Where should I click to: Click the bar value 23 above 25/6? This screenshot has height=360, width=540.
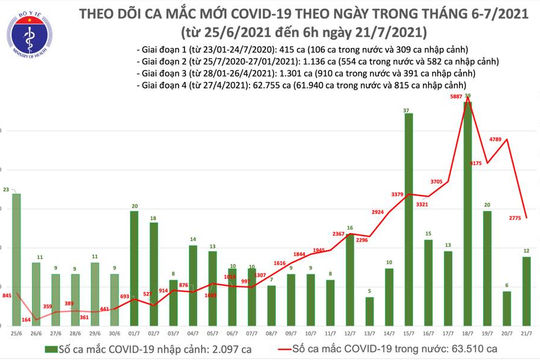pyautogui.click(x=7, y=190)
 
